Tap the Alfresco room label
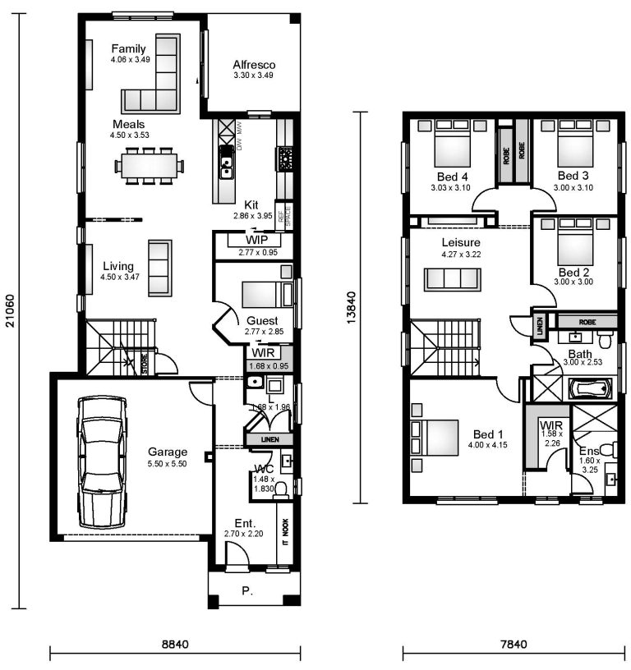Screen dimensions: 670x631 point(253,65)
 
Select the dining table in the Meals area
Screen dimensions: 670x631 point(149,166)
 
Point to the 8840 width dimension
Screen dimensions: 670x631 point(175,645)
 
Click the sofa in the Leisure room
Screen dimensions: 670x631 point(452,279)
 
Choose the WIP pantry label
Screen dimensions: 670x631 point(257,240)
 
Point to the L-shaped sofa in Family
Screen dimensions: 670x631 point(156,82)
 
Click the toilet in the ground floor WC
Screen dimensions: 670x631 point(281,489)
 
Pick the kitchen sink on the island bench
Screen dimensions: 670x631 point(225,168)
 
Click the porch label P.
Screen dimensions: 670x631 point(247,590)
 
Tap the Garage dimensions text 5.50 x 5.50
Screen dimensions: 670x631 point(168,464)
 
